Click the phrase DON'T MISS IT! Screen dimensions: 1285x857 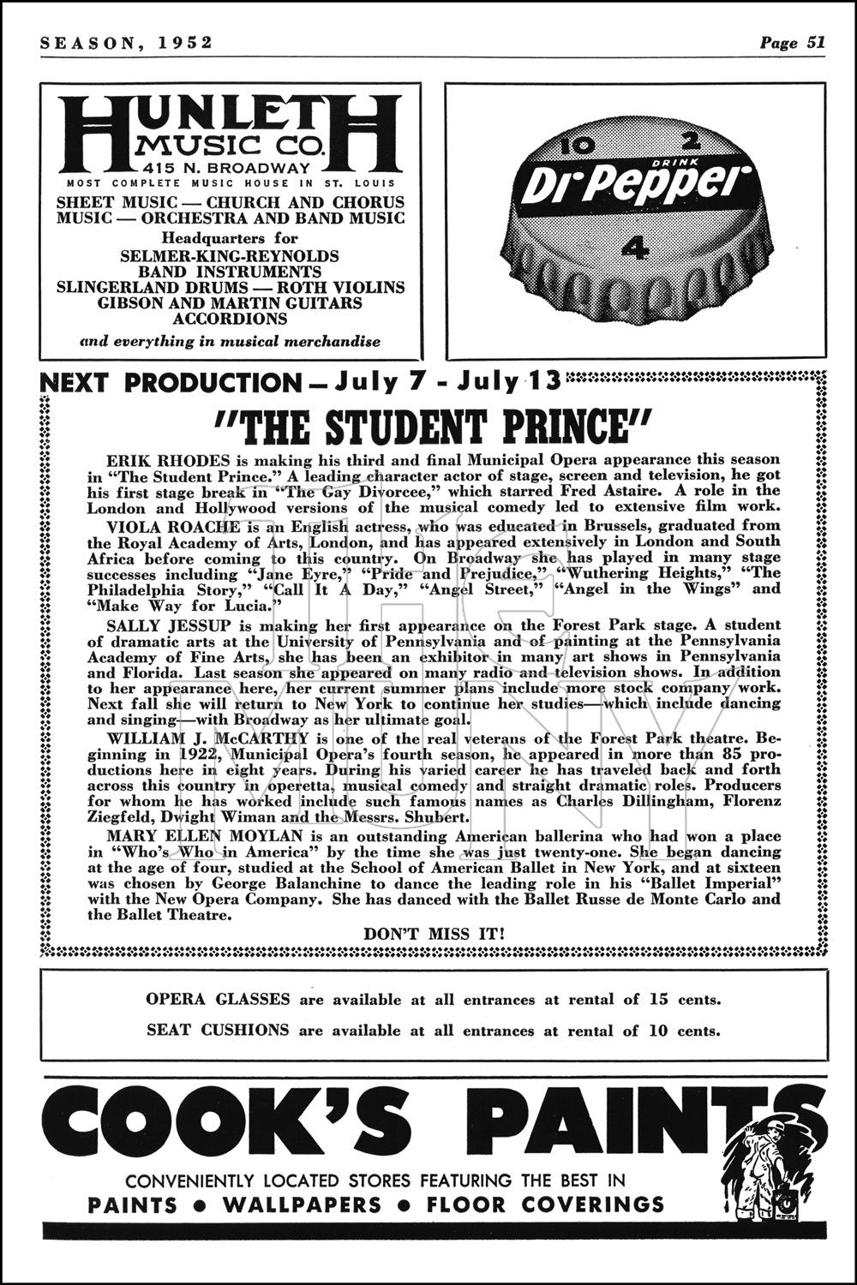(434, 934)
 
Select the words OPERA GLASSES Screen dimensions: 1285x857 (218, 999)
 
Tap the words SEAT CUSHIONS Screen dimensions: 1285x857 (218, 1030)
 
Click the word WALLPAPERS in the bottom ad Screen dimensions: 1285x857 (302, 1205)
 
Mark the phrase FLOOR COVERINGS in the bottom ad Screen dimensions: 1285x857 (545, 1205)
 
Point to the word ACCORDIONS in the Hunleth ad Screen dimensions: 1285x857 (230, 319)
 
